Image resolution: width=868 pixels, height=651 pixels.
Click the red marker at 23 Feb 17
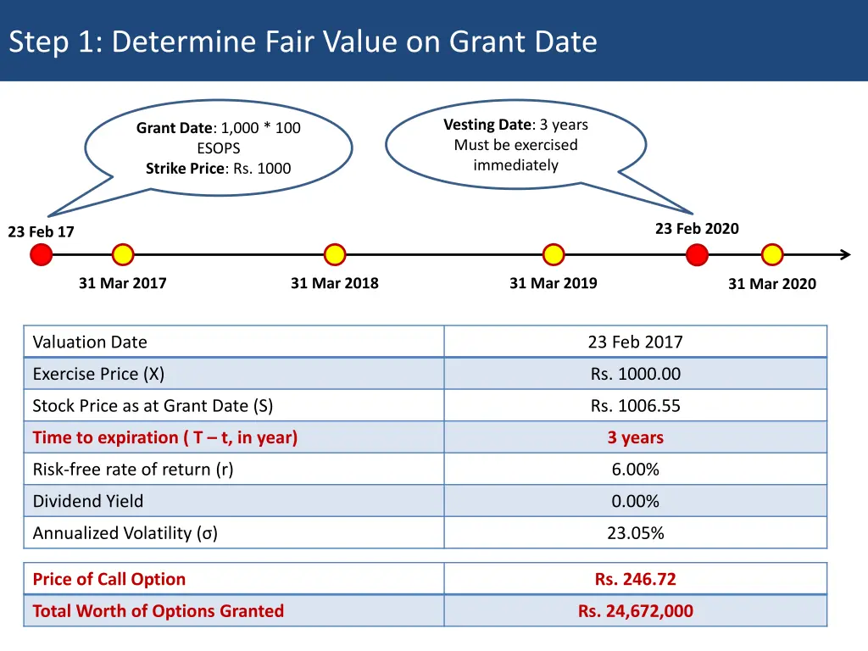tap(41, 254)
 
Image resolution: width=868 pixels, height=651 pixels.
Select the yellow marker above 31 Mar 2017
tap(123, 254)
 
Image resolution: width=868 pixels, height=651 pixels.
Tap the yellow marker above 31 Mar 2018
tap(335, 254)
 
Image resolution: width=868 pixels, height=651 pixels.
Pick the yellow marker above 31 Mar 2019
tap(554, 254)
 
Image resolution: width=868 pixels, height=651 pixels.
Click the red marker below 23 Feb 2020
tap(697, 254)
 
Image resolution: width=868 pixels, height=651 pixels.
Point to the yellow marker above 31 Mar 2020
tap(772, 254)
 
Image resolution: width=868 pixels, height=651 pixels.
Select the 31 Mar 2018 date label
tap(335, 283)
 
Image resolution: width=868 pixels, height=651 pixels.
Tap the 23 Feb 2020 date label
tap(697, 229)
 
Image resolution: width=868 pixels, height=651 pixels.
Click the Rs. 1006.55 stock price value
tap(635, 406)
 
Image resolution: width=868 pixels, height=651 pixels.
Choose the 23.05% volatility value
tap(635, 533)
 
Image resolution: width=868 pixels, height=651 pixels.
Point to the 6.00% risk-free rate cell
tap(635, 470)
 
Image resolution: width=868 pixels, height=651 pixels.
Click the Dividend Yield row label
tap(88, 502)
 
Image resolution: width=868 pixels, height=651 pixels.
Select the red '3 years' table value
tap(635, 438)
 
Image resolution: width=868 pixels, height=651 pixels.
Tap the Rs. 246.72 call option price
tap(635, 580)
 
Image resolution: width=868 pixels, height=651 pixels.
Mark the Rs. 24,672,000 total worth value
tap(635, 611)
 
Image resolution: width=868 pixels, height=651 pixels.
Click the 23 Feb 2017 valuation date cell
tap(635, 342)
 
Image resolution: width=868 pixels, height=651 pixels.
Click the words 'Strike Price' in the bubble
tap(185, 169)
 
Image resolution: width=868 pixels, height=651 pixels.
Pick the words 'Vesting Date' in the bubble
tap(487, 125)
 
